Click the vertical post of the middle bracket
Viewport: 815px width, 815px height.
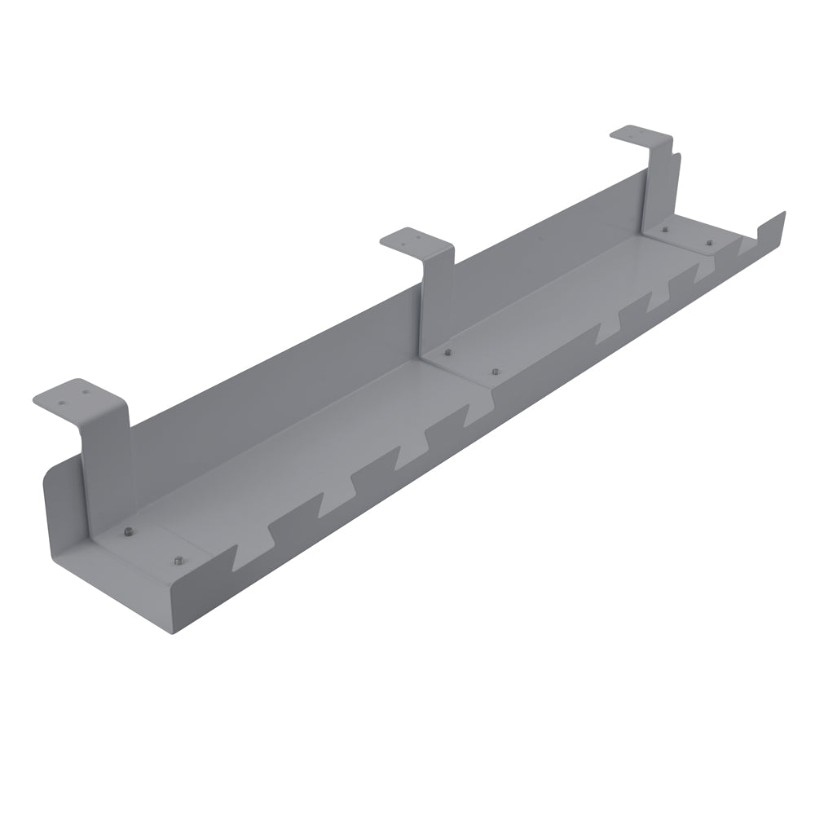(436, 302)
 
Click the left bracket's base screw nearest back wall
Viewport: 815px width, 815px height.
(128, 531)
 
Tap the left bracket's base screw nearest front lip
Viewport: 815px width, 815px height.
(177, 560)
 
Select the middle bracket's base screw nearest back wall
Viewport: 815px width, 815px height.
(447, 352)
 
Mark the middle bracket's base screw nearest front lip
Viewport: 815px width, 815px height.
(494, 371)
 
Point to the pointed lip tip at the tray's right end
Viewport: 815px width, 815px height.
(782, 214)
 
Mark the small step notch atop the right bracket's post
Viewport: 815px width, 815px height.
(672, 151)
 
